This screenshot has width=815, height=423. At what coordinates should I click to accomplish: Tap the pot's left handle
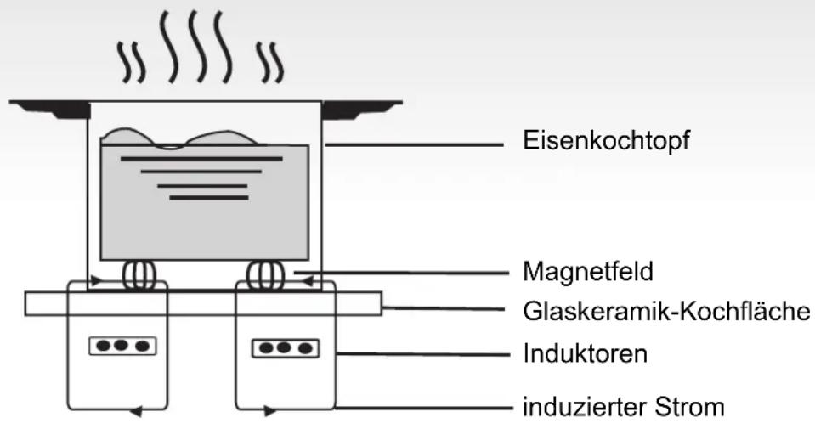[49, 109]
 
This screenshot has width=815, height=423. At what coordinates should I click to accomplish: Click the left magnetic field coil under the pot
[136, 275]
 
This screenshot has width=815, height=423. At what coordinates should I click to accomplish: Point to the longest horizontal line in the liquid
[201, 159]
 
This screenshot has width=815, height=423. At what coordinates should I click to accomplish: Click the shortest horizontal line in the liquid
[209, 198]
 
